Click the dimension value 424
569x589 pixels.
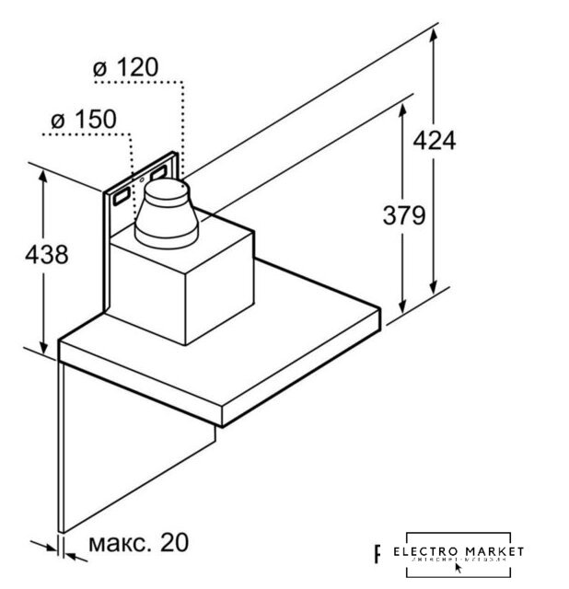click(x=434, y=141)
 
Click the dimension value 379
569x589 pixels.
click(x=403, y=215)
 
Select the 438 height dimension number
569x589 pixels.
click(x=44, y=255)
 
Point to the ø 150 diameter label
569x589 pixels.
click(x=82, y=119)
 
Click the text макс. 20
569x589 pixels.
click(x=138, y=542)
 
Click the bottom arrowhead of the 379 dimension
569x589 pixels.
click(x=402, y=311)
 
